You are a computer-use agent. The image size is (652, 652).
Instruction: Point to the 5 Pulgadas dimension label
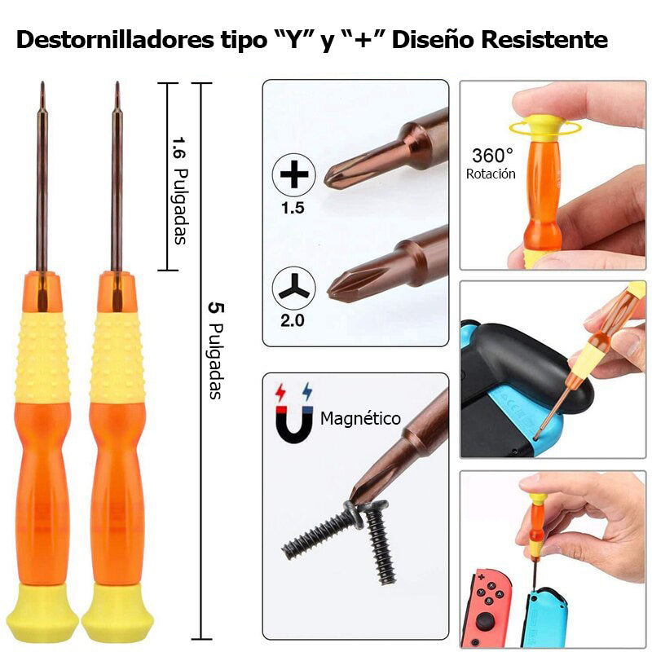pyautogui.click(x=215, y=350)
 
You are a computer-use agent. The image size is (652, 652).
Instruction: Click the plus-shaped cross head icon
pyautogui.click(x=293, y=174)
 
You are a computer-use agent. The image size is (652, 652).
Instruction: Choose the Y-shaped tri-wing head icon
pyautogui.click(x=293, y=287)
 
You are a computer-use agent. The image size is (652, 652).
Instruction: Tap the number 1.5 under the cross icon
pyautogui.click(x=293, y=208)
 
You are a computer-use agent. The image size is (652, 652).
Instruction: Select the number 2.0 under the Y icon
pyautogui.click(x=293, y=320)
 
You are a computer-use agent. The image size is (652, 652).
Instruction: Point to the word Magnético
pyautogui.click(x=360, y=418)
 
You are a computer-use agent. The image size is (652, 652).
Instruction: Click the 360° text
pyautogui.click(x=492, y=155)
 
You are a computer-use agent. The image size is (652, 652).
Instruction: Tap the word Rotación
pyautogui.click(x=491, y=174)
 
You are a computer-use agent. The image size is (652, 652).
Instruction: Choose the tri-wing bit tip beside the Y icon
pyautogui.click(x=337, y=286)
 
